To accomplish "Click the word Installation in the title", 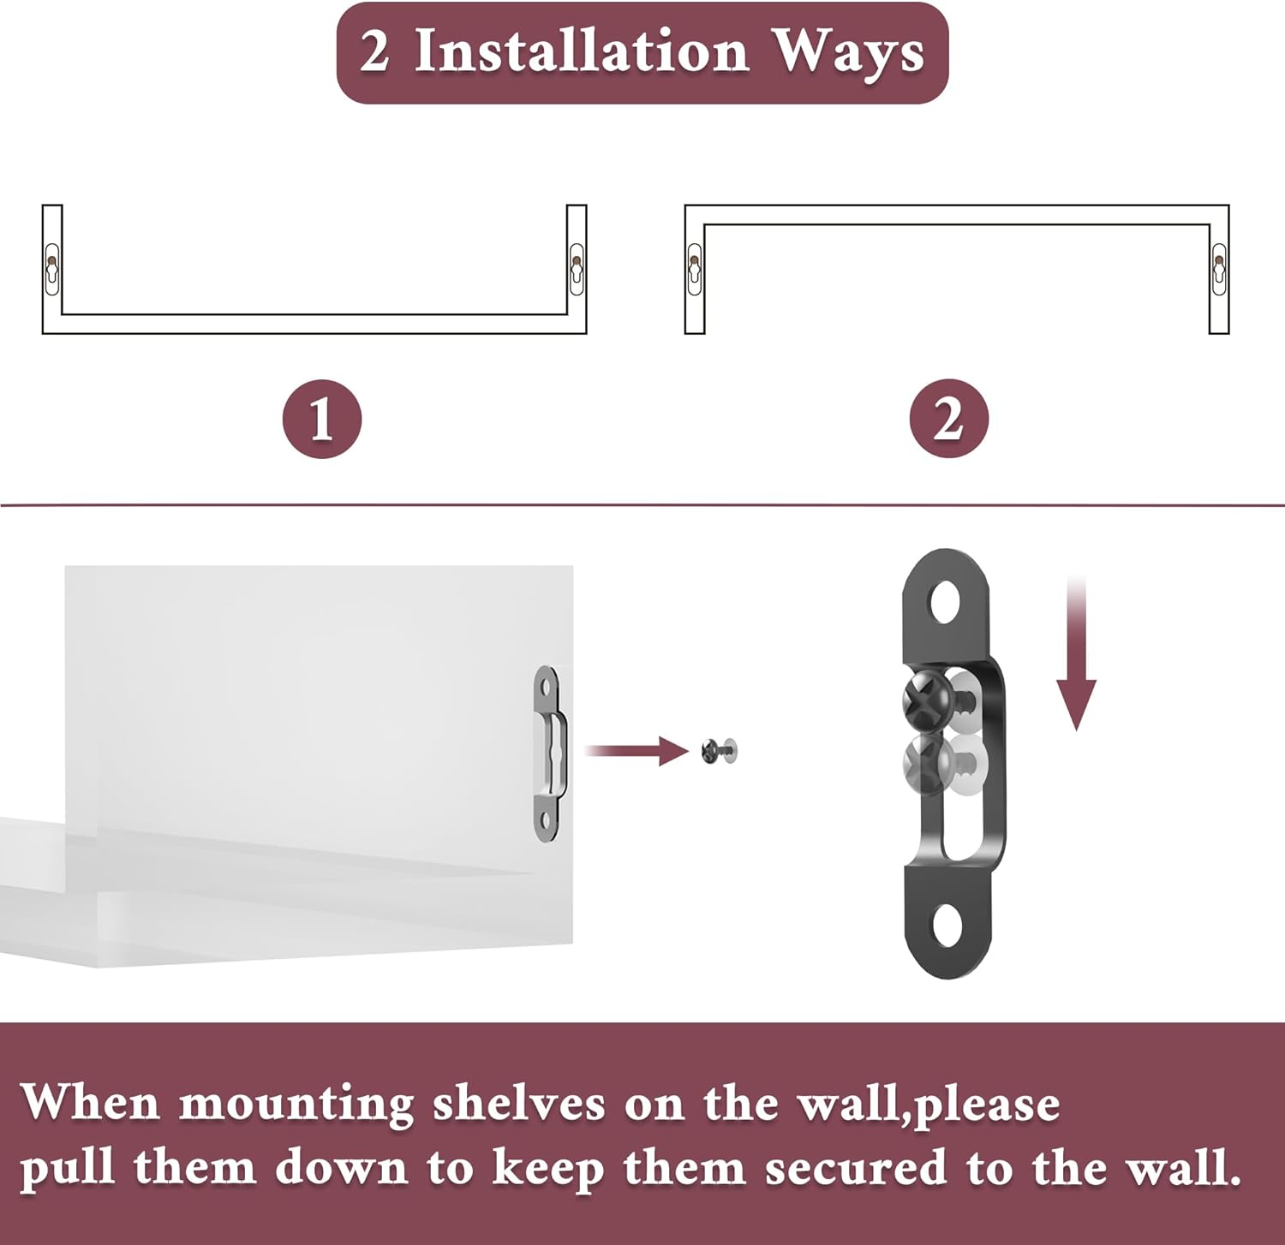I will (x=582, y=51).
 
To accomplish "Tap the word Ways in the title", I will (x=848, y=53).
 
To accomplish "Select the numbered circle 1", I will (x=322, y=420).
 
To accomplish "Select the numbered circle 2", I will (x=948, y=420).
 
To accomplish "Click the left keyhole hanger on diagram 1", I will (x=52, y=268).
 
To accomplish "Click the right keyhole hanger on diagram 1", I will (x=577, y=268).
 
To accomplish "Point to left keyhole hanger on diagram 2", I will (x=694, y=268).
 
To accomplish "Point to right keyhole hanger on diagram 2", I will (x=1219, y=268).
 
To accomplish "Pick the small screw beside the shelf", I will (x=718, y=751).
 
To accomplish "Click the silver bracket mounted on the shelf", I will (x=548, y=754).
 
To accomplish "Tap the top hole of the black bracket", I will (x=946, y=602).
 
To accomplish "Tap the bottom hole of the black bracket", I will (x=946, y=927).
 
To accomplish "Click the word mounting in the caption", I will (x=296, y=1105).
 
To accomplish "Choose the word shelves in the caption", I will (x=518, y=1103).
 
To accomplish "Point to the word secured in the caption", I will (x=856, y=1169).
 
